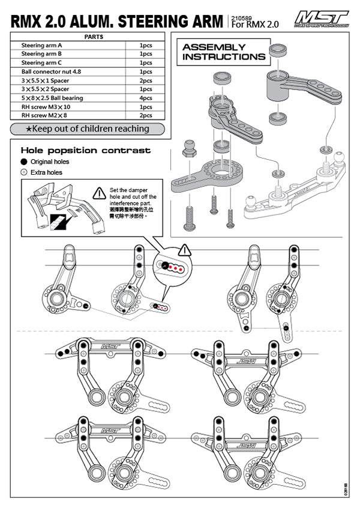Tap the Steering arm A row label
pyautogui.click(x=41, y=45)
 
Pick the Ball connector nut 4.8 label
pyautogui.click(x=52, y=71)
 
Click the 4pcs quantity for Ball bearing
pyautogui.click(x=145, y=98)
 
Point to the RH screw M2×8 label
pyautogui.click(x=44, y=115)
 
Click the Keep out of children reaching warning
pyautogui.click(x=88, y=129)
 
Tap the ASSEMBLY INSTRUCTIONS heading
pyautogui.click(x=223, y=52)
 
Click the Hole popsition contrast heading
pyautogui.click(x=86, y=150)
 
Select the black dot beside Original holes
pyautogui.click(x=23, y=162)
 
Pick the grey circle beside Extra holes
pyautogui.click(x=23, y=172)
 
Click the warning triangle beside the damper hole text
pyautogui.click(x=100, y=193)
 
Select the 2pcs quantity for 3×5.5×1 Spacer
pyautogui.click(x=145, y=80)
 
